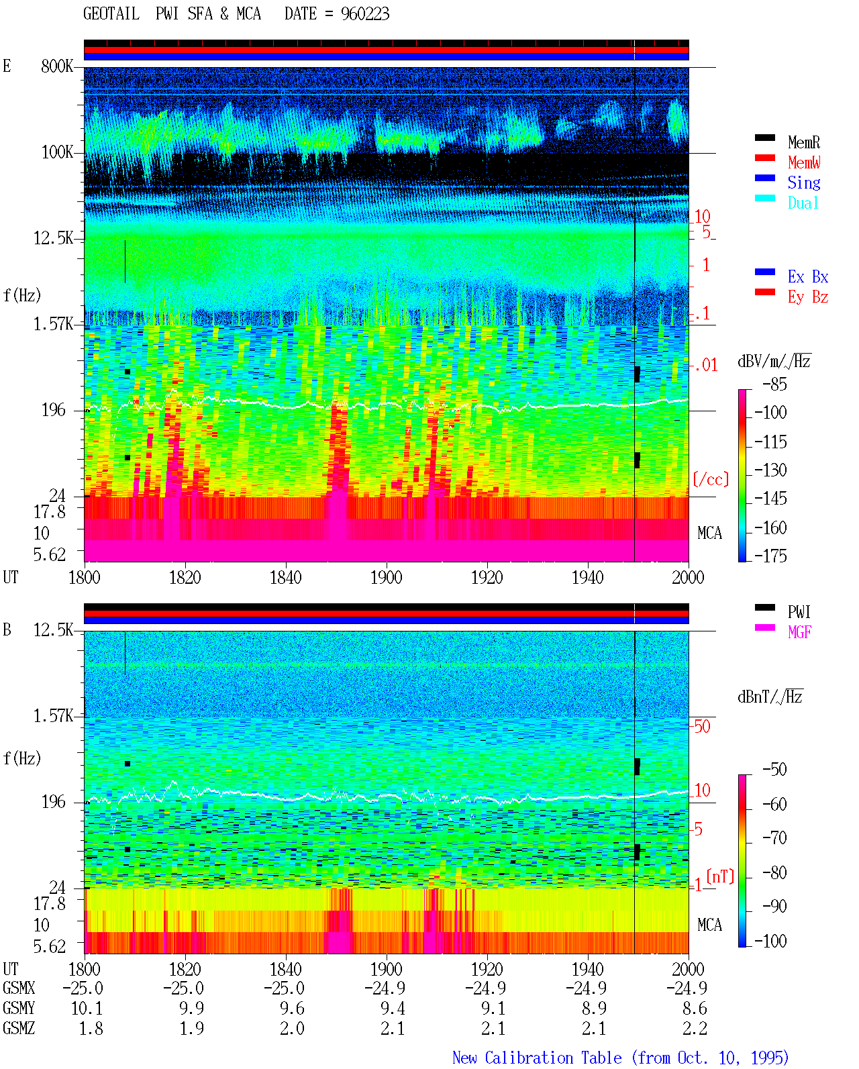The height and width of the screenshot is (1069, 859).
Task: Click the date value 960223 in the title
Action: point(364,14)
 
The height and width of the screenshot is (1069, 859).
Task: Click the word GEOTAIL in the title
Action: point(111,14)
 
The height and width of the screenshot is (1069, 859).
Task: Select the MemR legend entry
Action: point(803,142)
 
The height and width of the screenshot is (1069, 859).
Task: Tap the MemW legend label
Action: point(804,162)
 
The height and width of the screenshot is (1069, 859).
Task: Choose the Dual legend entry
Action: point(803,203)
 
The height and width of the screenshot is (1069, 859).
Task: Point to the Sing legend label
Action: point(804,183)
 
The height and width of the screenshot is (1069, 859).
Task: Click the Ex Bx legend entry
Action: point(808,276)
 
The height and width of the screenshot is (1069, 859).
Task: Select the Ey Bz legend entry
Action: point(808,297)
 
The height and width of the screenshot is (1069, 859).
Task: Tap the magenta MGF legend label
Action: point(799,632)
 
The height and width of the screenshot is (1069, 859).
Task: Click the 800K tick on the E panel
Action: point(57,66)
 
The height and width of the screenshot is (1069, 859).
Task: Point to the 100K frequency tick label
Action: point(57,152)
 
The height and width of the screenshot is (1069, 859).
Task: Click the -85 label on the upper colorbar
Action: point(774,384)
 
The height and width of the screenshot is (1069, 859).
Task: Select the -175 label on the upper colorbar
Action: point(770,556)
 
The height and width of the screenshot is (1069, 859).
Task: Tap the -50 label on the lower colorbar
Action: point(774,769)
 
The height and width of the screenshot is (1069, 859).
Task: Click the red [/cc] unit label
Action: point(711,479)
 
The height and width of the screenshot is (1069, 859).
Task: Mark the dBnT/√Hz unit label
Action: point(770,697)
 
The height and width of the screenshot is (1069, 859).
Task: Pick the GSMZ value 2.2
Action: point(695,1028)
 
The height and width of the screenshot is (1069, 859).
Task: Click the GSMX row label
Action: point(19,988)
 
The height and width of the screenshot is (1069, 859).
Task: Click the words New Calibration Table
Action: point(537,1058)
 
